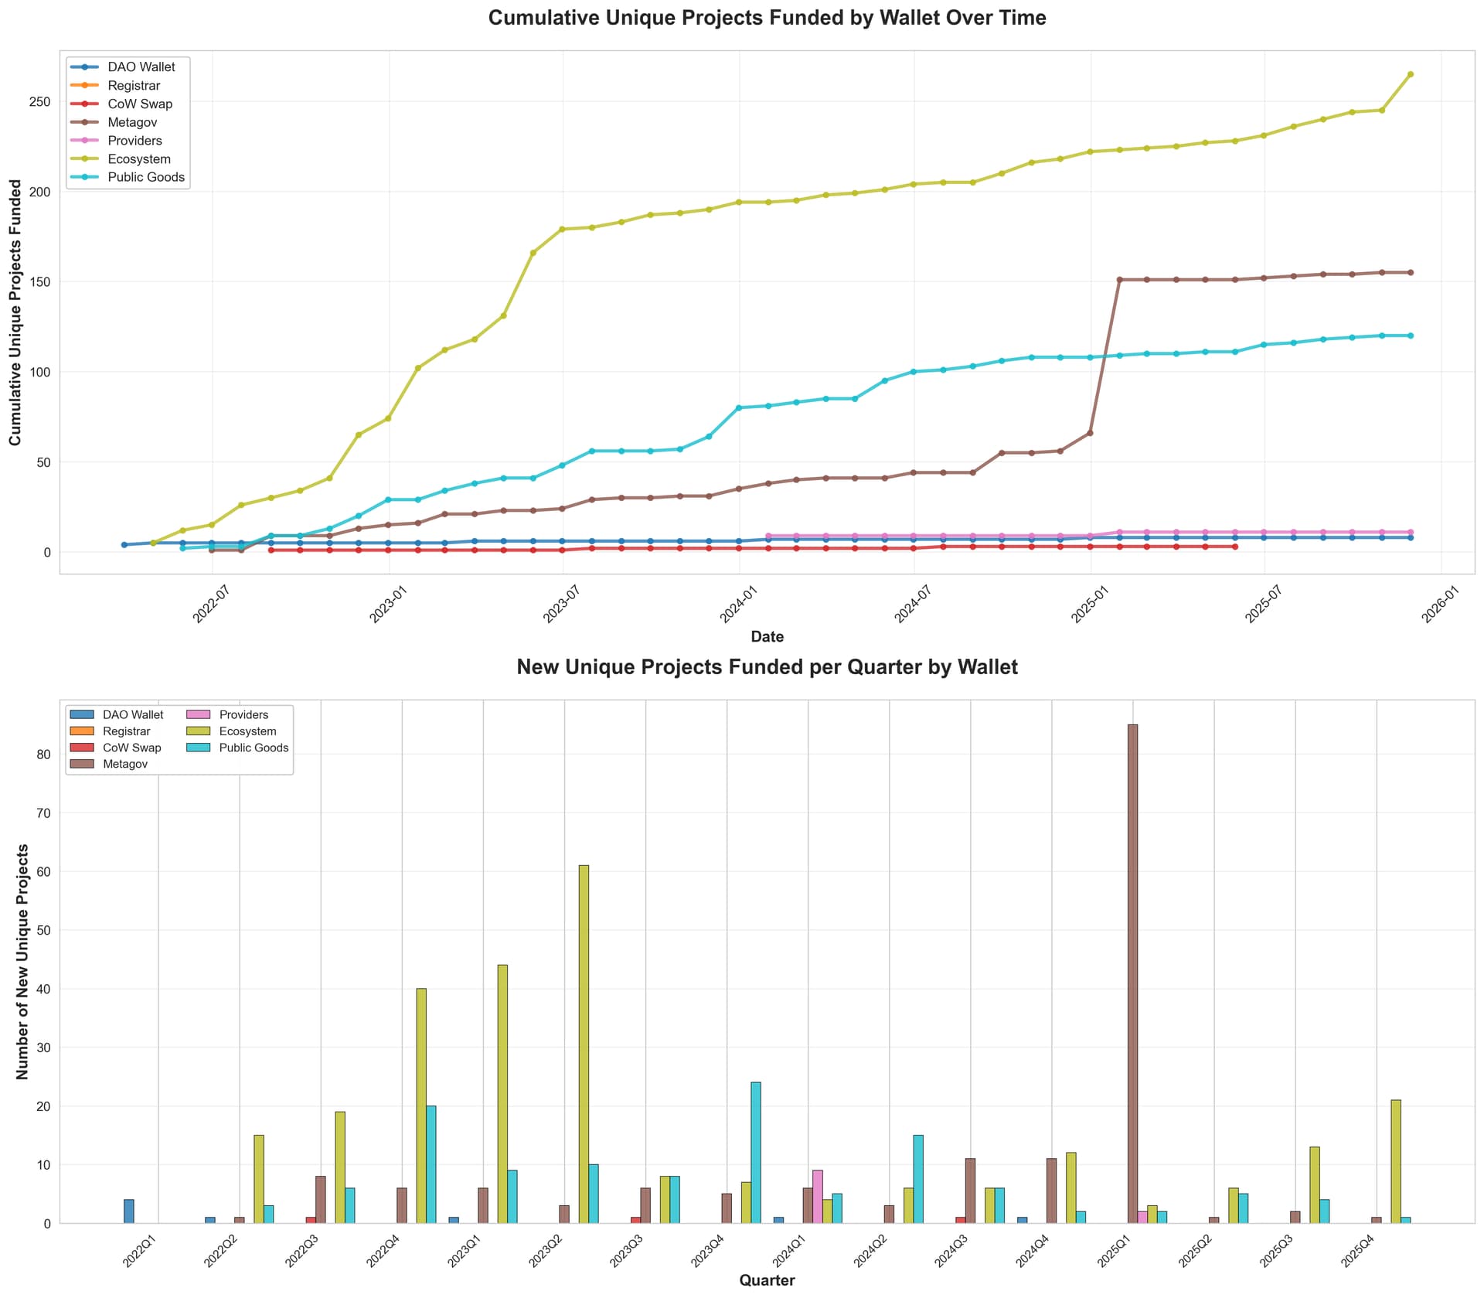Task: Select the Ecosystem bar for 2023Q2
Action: click(584, 1044)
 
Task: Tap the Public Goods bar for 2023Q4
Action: click(755, 1152)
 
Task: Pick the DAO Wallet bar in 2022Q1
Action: click(129, 1211)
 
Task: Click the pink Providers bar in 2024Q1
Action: click(818, 1196)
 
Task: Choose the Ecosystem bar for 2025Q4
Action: click(1395, 1161)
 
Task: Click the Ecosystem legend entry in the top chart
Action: click(139, 159)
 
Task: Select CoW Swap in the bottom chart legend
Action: click(131, 748)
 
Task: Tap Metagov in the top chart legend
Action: click(132, 122)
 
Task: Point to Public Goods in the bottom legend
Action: click(254, 748)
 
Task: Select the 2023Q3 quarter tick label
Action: click(626, 1248)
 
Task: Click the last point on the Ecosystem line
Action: click(1410, 74)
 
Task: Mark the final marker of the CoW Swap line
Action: click(1235, 547)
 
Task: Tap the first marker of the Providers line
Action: click(768, 536)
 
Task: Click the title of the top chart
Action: click(767, 18)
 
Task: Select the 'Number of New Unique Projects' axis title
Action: click(22, 961)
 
